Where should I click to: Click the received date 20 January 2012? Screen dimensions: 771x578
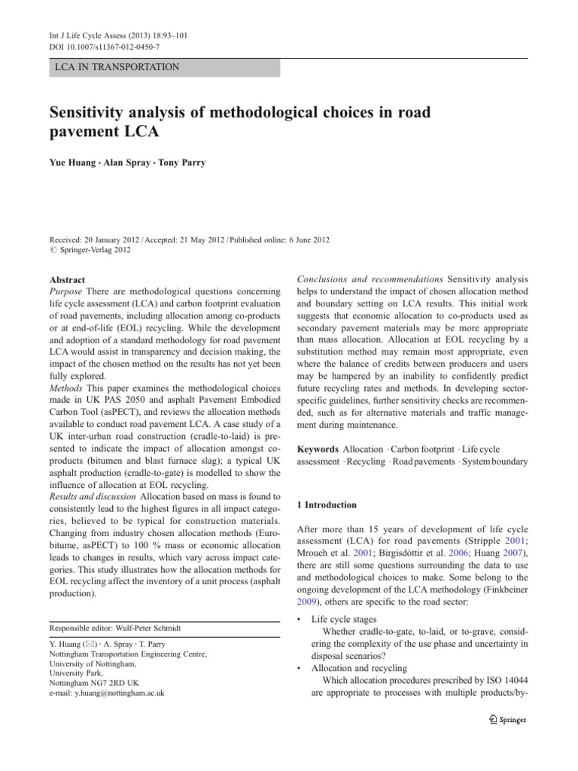(x=115, y=239)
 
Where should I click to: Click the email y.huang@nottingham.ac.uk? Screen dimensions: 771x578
(x=106, y=692)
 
